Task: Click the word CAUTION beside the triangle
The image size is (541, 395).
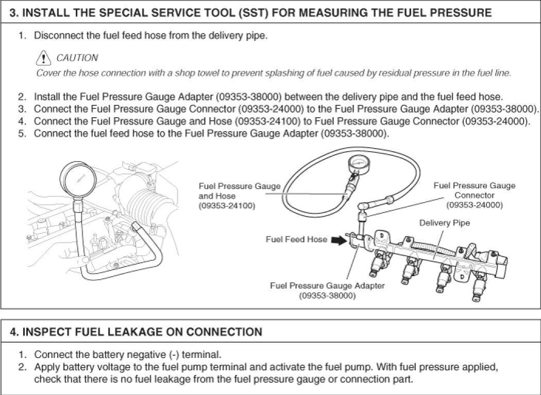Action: pyautogui.click(x=77, y=57)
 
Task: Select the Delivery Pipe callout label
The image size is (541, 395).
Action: pyautogui.click(x=445, y=223)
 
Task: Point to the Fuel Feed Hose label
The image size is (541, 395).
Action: pyautogui.click(x=296, y=239)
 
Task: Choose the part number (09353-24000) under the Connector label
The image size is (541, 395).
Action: pyautogui.click(x=475, y=205)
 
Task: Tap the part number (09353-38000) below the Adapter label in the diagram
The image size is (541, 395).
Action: pyautogui.click(x=327, y=295)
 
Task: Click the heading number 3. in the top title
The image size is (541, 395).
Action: pyautogui.click(x=15, y=13)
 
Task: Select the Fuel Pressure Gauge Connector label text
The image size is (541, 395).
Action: pyautogui.click(x=475, y=190)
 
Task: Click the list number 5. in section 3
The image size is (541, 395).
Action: pyautogui.click(x=22, y=133)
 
